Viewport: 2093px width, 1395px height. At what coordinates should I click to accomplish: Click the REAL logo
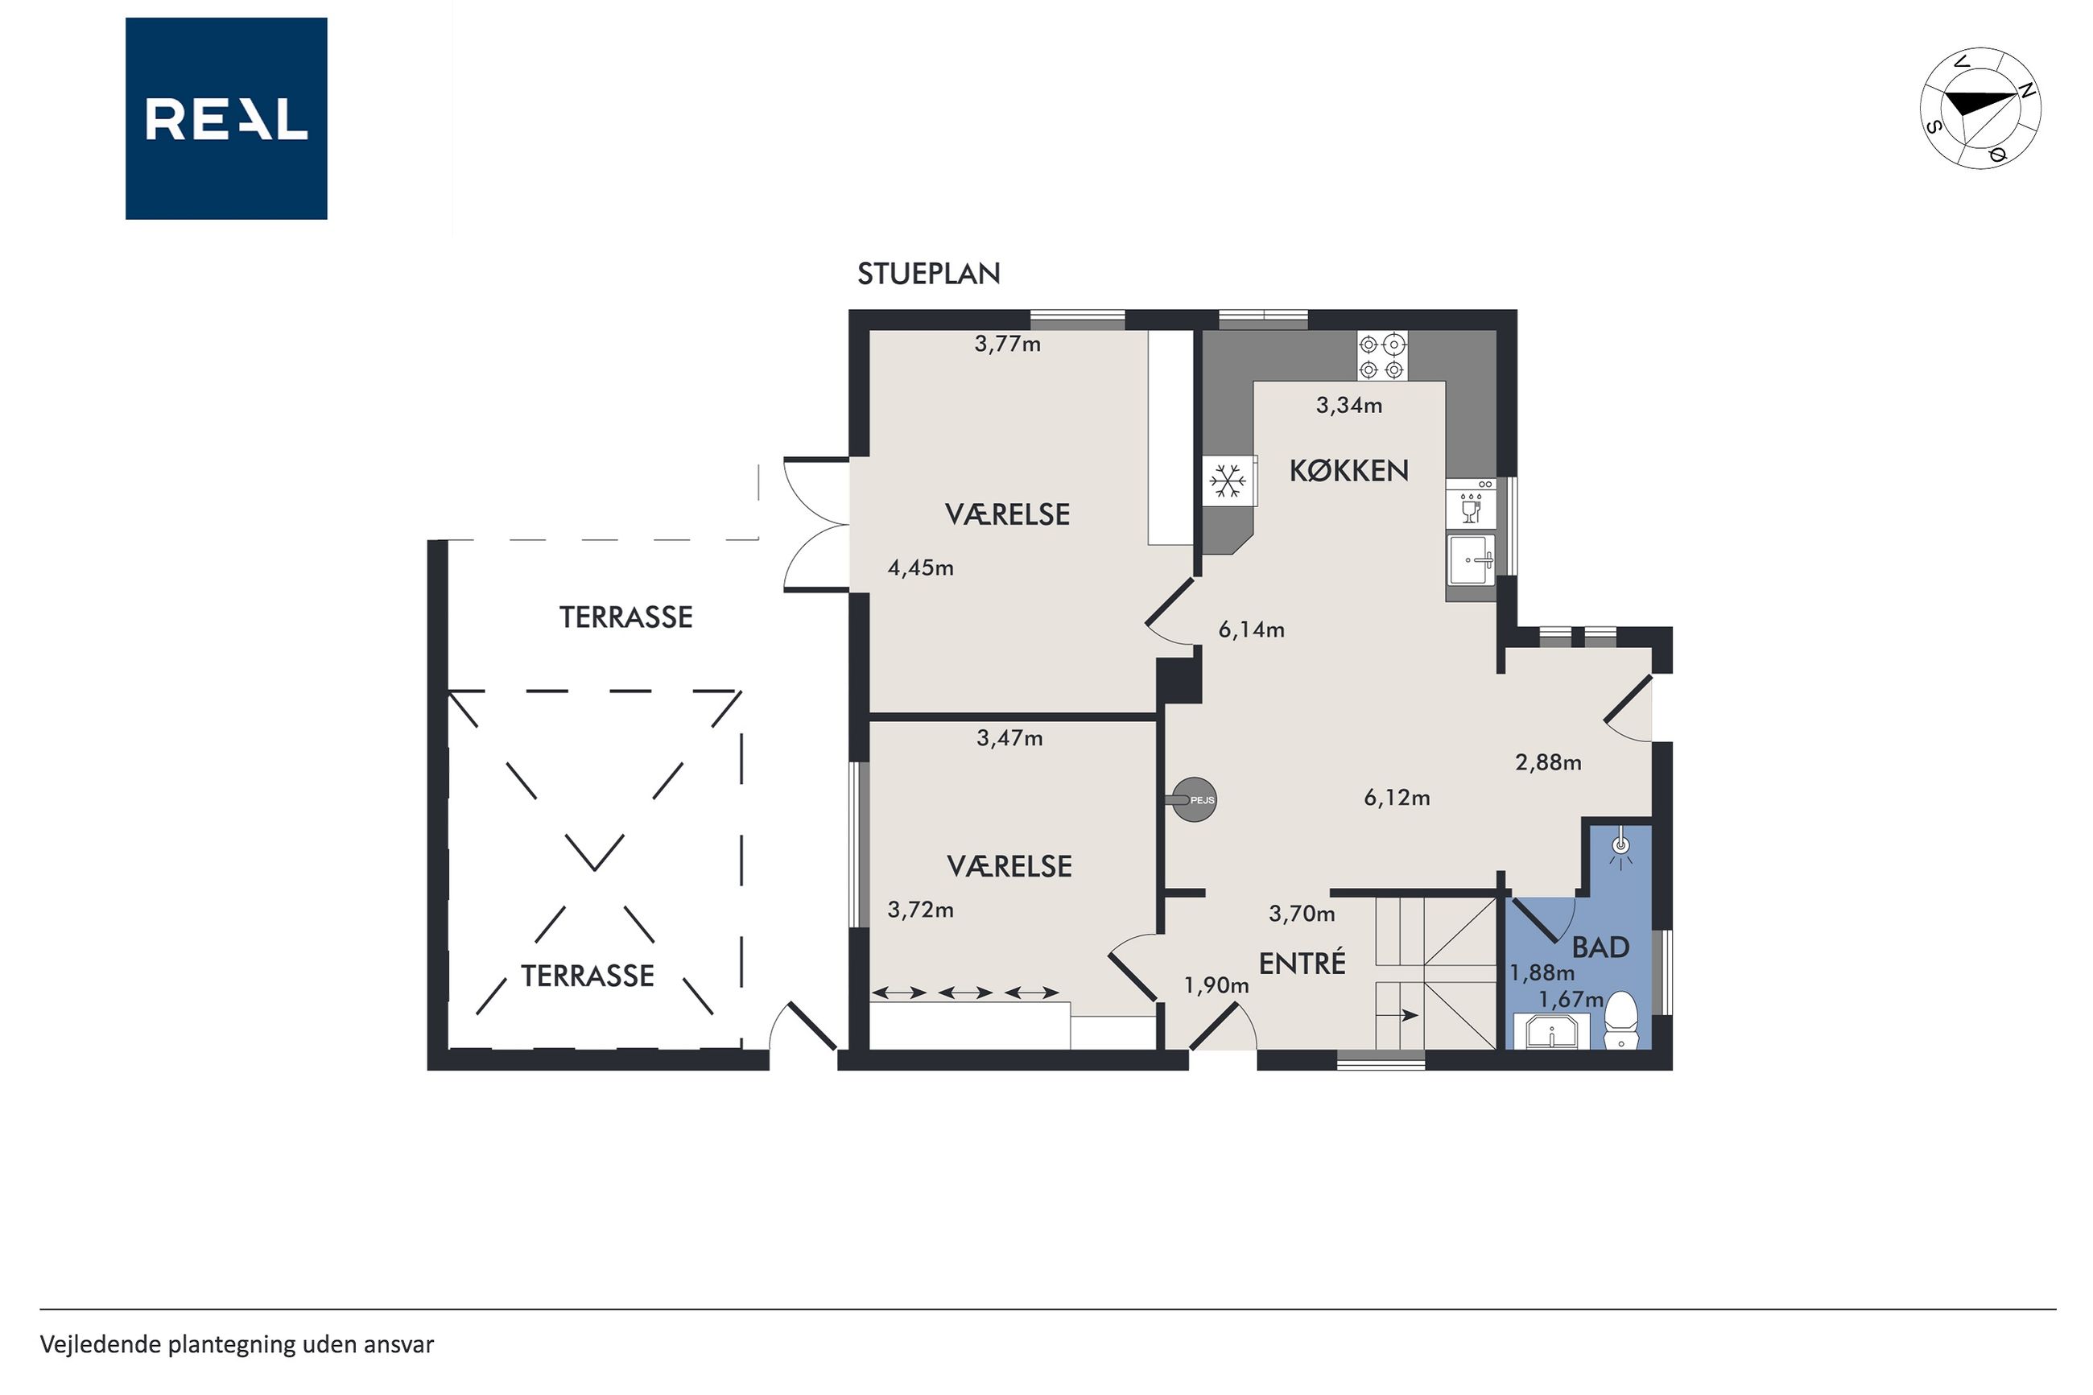pyautogui.click(x=226, y=118)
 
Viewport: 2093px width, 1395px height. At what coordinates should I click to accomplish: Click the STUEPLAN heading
pyautogui.click(x=929, y=274)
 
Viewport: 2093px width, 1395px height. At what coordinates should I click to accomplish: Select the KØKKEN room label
pyautogui.click(x=1348, y=471)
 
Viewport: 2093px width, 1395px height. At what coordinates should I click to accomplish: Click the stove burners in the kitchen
pyautogui.click(x=1382, y=356)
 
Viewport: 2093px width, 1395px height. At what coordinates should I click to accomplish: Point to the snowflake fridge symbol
pyautogui.click(x=1228, y=482)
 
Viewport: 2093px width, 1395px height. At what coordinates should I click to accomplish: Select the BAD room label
pyautogui.click(x=1600, y=947)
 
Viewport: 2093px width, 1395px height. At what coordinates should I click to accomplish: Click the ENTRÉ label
pyautogui.click(x=1302, y=962)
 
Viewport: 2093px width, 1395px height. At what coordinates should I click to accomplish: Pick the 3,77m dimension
pyautogui.click(x=1007, y=345)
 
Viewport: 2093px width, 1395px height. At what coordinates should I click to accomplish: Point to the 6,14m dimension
pyautogui.click(x=1251, y=630)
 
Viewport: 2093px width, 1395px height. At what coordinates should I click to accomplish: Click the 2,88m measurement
pyautogui.click(x=1548, y=762)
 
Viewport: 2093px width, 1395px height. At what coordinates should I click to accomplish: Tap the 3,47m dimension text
pyautogui.click(x=1009, y=737)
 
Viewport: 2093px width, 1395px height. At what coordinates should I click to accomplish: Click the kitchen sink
pyautogui.click(x=1472, y=559)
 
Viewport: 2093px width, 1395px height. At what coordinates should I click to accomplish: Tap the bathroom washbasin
pyautogui.click(x=1551, y=1032)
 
